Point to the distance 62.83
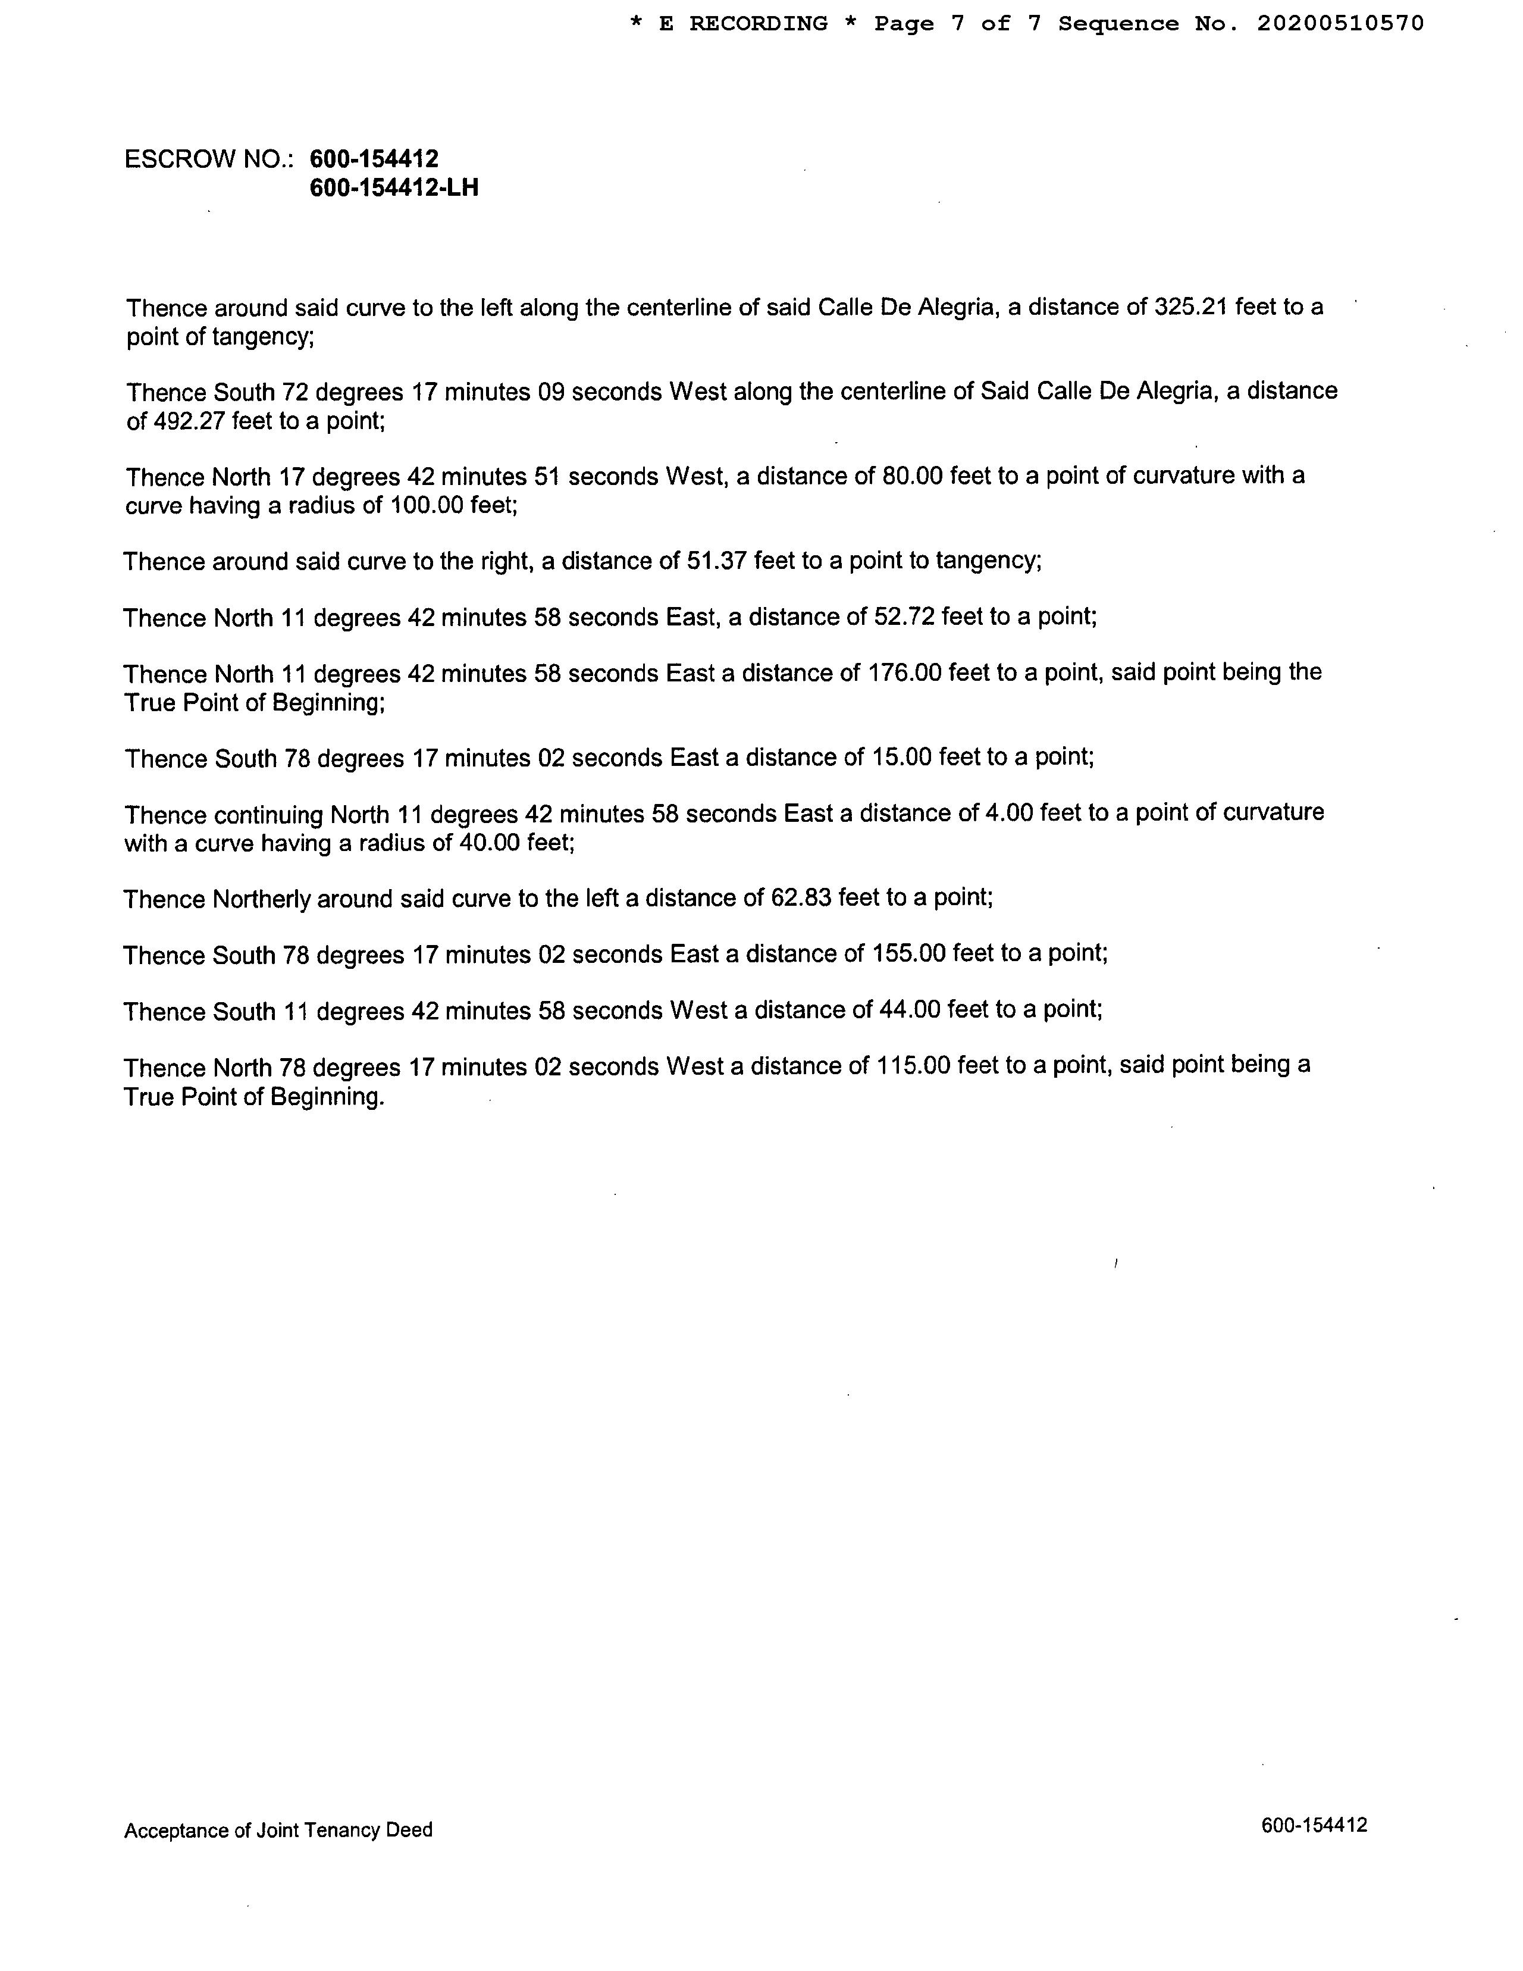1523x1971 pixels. coord(800,898)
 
